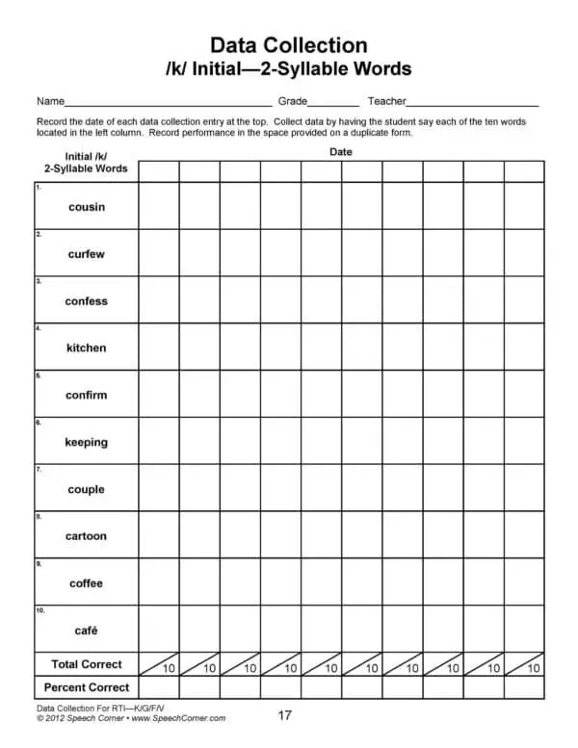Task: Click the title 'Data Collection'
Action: (288, 45)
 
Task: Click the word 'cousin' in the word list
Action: (87, 207)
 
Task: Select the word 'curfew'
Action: (87, 254)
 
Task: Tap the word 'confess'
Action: (87, 301)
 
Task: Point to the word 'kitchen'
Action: (87, 348)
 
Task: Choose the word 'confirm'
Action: (87, 395)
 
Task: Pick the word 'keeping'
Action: (87, 442)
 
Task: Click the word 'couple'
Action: (87, 489)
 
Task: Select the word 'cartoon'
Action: (87, 536)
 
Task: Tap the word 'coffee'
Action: (87, 583)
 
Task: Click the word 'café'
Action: (87, 631)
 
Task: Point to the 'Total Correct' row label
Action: (87, 664)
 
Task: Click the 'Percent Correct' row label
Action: (87, 687)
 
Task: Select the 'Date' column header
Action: (341, 152)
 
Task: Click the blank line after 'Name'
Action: (169, 103)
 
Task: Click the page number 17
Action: (285, 715)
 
